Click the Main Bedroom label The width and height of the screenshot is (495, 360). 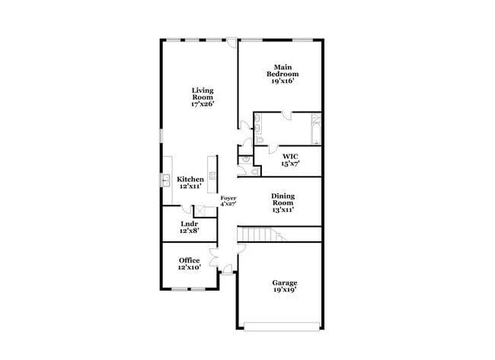point(283,71)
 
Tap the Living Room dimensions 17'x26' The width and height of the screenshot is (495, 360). point(203,104)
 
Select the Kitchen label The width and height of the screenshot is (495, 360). point(190,179)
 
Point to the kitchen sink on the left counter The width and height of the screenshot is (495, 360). point(166,180)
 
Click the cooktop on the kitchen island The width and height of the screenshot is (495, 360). point(212,176)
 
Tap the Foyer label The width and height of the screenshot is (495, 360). point(228,198)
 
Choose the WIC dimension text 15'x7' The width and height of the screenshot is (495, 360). point(290,164)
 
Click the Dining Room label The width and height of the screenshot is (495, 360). point(283,199)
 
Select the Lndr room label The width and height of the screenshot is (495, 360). point(190,224)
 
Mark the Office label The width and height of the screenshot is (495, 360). point(190,260)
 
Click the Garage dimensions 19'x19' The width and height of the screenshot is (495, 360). point(285,289)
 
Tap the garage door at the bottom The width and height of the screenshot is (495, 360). point(282,327)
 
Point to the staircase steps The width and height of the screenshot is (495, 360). point(261,234)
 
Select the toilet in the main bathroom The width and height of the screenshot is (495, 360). point(259,139)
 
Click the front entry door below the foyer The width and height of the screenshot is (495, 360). point(227,269)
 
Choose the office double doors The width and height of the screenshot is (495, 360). point(214,257)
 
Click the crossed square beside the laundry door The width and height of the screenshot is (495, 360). point(200,211)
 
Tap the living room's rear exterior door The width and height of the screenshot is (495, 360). point(232,43)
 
